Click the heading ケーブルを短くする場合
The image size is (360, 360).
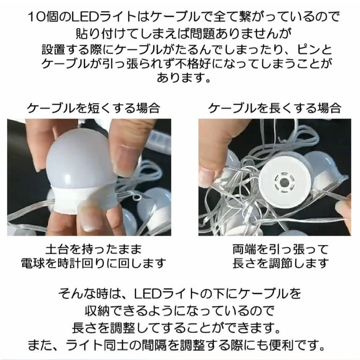(x=94, y=108)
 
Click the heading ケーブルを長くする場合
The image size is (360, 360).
(x=275, y=108)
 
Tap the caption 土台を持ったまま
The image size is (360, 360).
(x=93, y=250)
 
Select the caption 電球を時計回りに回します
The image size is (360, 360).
(x=93, y=263)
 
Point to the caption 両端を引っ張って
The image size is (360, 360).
(x=280, y=250)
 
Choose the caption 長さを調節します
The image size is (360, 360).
(x=280, y=263)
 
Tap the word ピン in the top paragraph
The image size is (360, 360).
(x=308, y=49)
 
